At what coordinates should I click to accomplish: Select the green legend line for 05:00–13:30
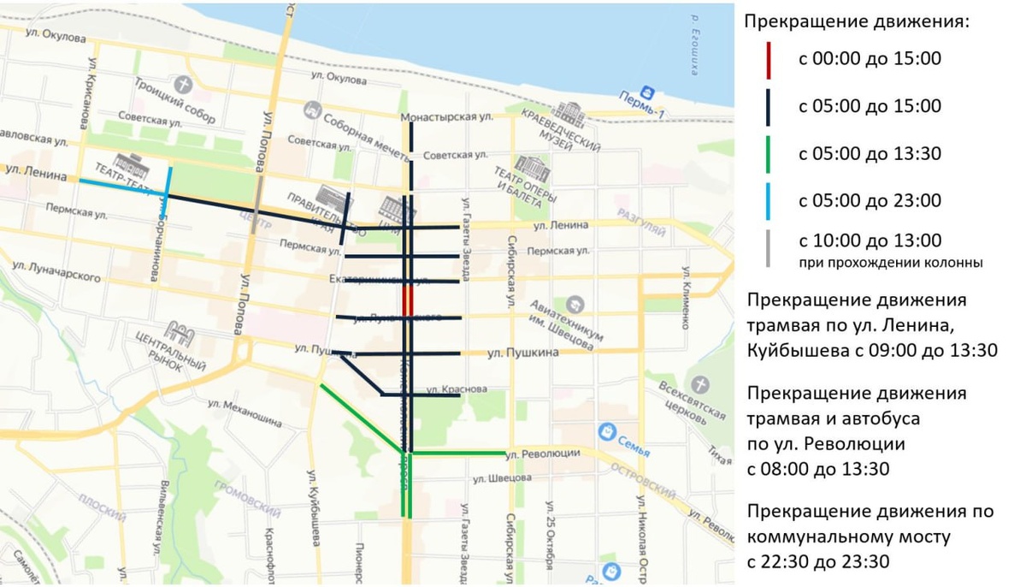[x=768, y=154]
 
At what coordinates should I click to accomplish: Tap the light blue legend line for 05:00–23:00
[x=768, y=201]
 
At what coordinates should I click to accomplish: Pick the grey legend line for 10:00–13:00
[x=768, y=248]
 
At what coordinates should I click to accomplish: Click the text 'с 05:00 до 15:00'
[x=869, y=106]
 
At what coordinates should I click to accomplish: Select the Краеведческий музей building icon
[x=569, y=113]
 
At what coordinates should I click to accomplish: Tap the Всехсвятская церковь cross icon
[x=701, y=385]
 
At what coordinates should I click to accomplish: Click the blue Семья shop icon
[x=608, y=430]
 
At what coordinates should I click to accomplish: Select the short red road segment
[x=408, y=301]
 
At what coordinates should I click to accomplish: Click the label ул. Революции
[x=543, y=454]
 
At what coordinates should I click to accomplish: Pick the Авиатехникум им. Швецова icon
[x=575, y=304]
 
